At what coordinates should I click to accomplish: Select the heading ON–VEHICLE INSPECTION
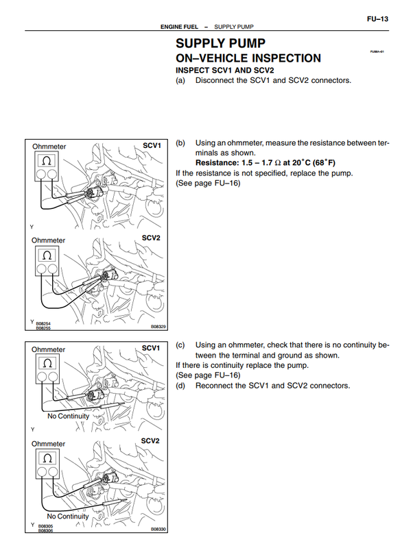click(248, 59)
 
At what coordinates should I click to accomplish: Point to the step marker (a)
click(181, 80)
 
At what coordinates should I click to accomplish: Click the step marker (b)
click(181, 143)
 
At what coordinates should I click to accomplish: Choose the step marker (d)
click(181, 386)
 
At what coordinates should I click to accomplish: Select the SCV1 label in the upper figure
click(152, 146)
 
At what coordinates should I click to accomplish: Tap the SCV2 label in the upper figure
click(151, 238)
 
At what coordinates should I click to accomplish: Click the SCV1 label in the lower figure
click(151, 348)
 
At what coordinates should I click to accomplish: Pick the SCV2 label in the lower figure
click(151, 440)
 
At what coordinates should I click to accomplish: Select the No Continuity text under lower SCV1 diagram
click(69, 416)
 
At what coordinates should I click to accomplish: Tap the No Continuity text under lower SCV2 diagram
click(69, 516)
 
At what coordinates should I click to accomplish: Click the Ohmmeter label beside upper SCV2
click(49, 240)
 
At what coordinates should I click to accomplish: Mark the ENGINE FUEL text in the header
click(179, 27)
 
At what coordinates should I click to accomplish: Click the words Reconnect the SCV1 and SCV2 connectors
click(272, 386)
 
